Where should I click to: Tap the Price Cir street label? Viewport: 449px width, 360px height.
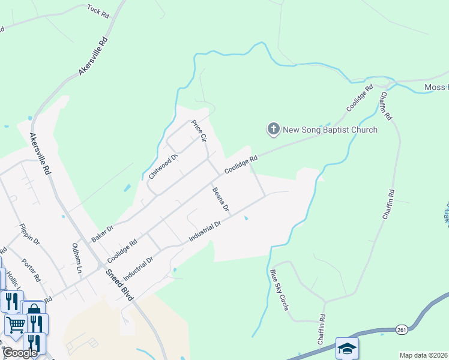coord(199,131)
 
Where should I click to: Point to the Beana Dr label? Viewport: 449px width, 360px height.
coord(220,199)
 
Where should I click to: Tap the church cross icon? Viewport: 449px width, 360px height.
coord(273,128)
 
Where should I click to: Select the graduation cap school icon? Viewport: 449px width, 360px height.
coord(347,348)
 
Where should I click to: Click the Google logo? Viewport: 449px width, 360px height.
coord(20,353)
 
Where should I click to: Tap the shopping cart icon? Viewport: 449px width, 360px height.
coord(15,325)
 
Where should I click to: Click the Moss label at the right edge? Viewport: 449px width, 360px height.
coord(436,88)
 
